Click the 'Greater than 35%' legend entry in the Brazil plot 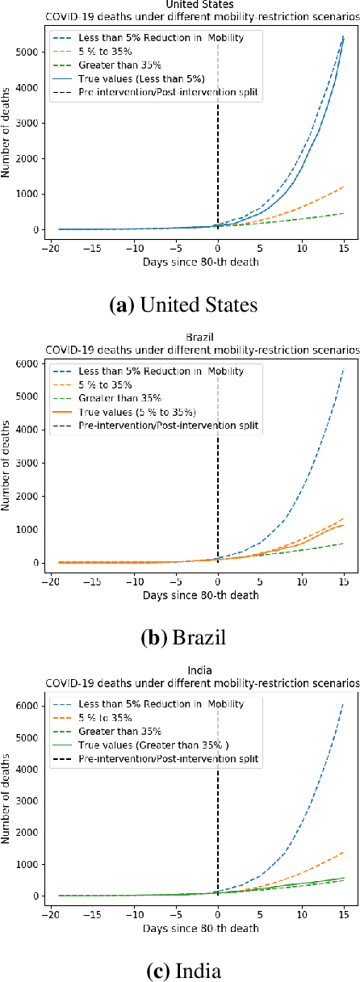(122, 397)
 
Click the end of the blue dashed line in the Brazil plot (344, 369)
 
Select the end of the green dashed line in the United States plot (344, 213)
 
